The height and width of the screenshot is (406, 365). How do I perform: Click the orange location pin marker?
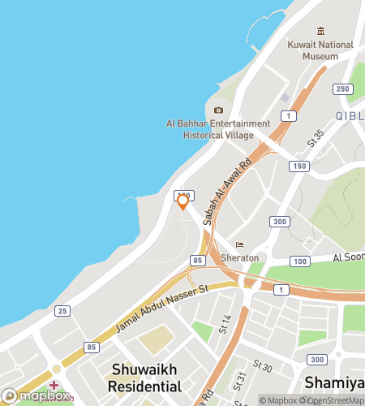[183, 201]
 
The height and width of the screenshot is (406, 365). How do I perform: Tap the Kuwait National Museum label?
[320, 50]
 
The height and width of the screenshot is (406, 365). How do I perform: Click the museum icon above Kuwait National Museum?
[320, 30]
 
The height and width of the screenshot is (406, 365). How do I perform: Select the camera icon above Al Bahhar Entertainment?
[217, 110]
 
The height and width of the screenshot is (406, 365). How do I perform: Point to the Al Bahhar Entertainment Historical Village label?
[217, 129]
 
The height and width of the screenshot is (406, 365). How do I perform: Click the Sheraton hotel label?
[239, 257]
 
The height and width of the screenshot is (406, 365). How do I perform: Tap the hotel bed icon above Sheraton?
[239, 245]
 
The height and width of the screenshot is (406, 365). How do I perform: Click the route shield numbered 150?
[299, 166]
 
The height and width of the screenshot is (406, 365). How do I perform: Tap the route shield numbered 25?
[62, 311]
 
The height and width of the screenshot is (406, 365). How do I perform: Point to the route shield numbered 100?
[299, 261]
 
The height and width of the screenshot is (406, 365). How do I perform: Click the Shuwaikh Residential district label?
[146, 378]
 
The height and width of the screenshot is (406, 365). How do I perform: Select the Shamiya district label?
[333, 382]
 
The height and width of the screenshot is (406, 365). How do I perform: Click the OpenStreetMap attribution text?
[331, 400]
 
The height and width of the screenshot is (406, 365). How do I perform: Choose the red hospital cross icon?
[54, 385]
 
